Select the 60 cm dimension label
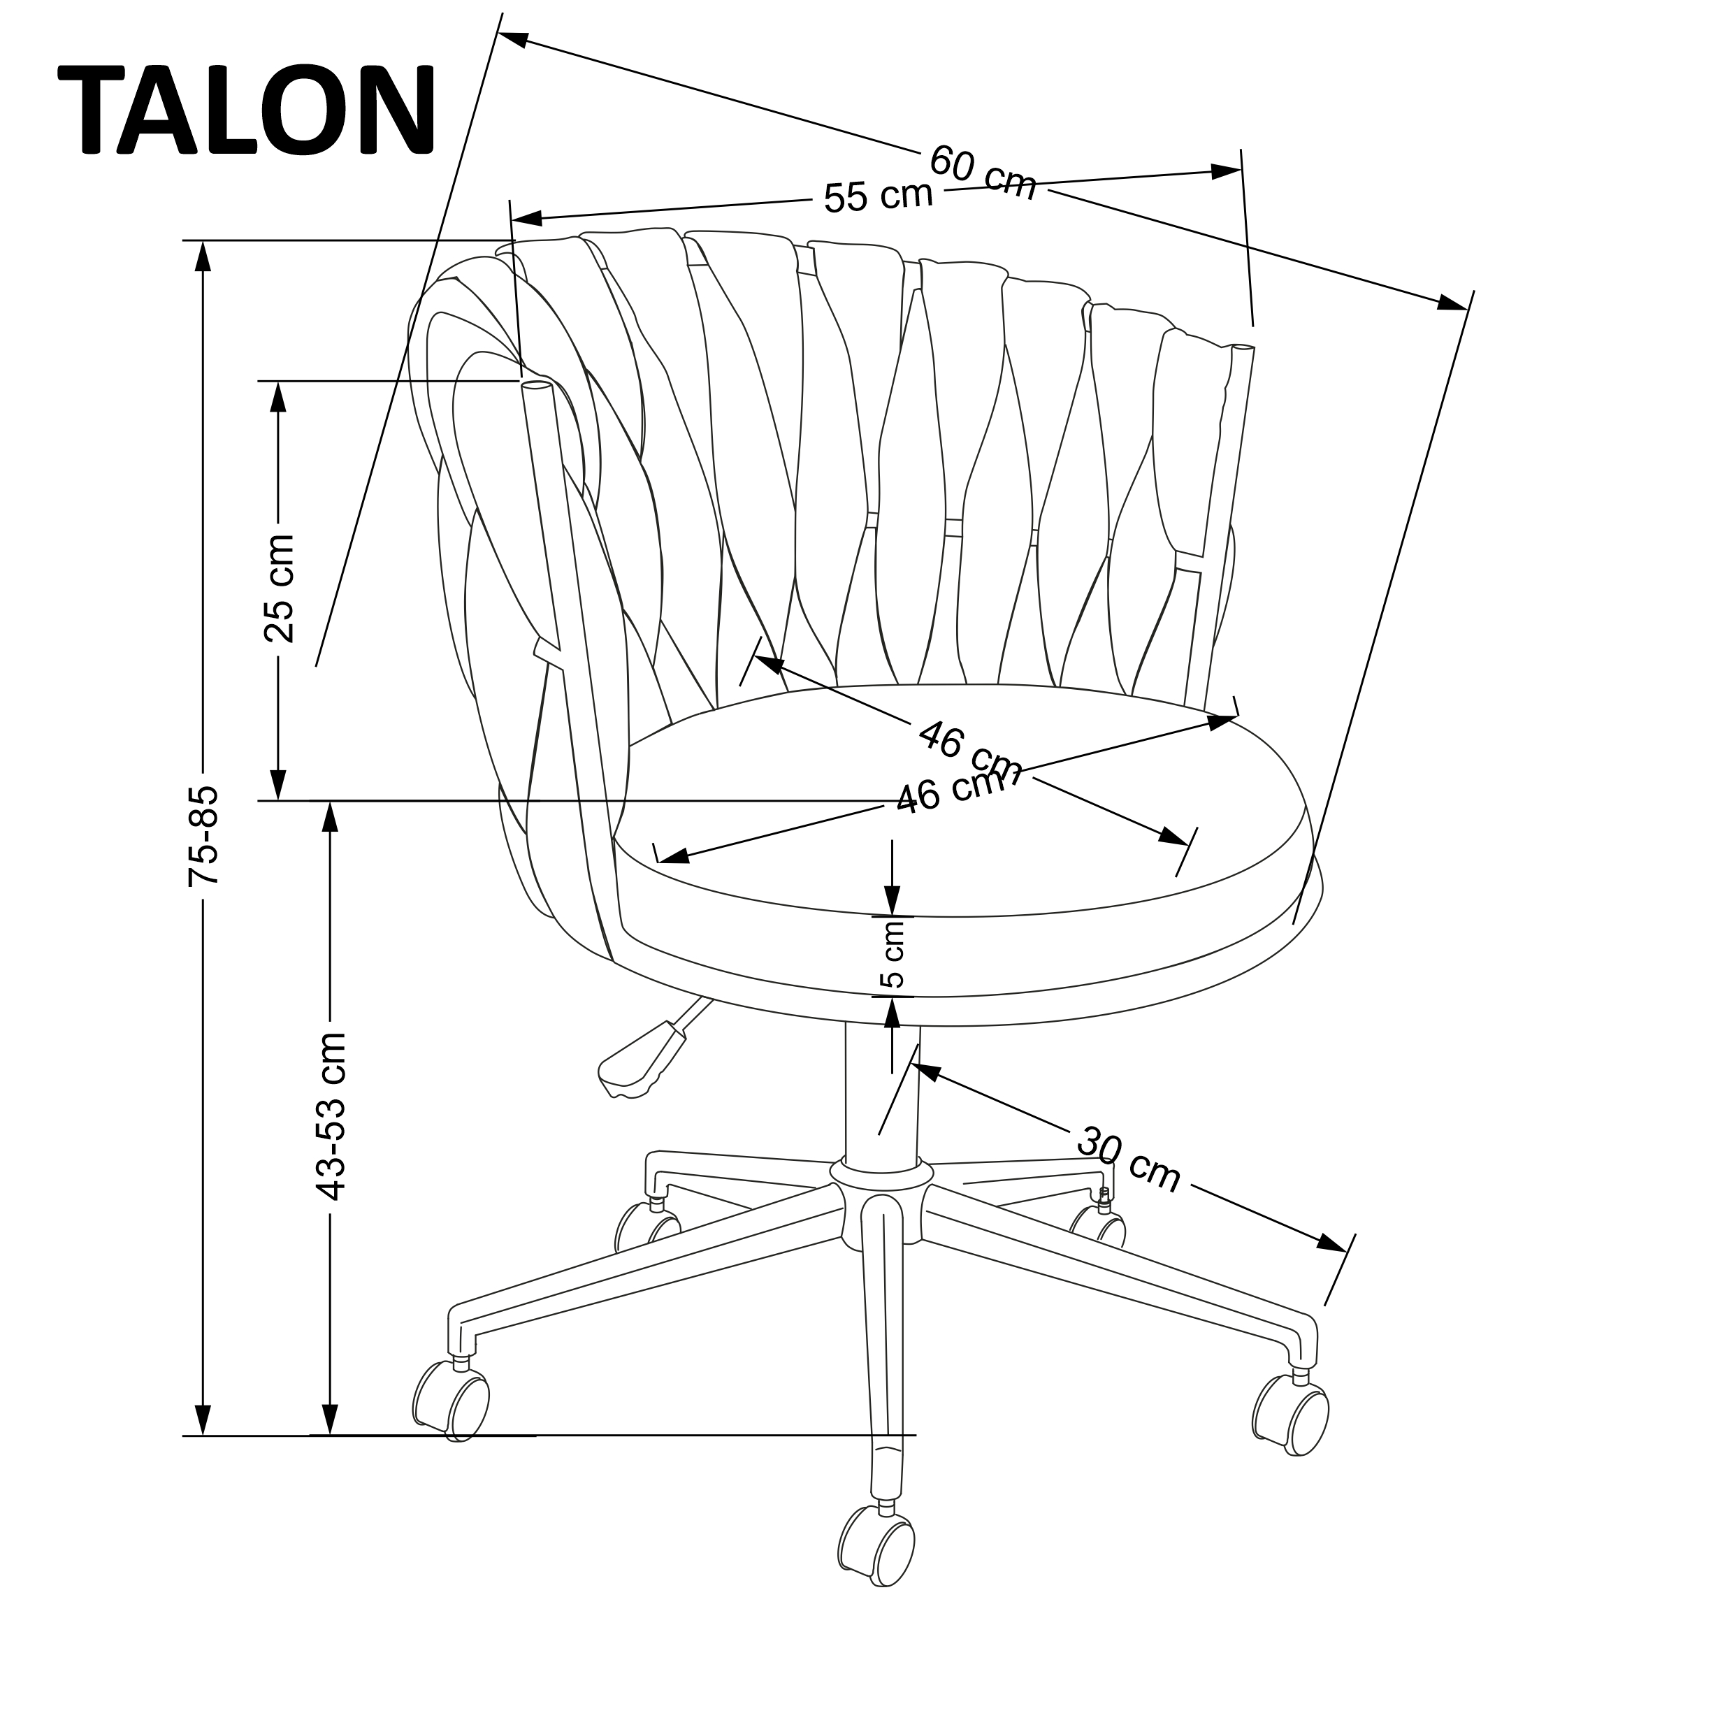(983, 173)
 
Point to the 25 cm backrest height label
(279, 588)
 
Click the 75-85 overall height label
(203, 837)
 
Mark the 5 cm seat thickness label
(893, 953)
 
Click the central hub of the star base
(881, 1207)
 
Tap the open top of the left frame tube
(536, 386)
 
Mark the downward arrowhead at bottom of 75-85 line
(204, 1419)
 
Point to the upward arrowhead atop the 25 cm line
(279, 397)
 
